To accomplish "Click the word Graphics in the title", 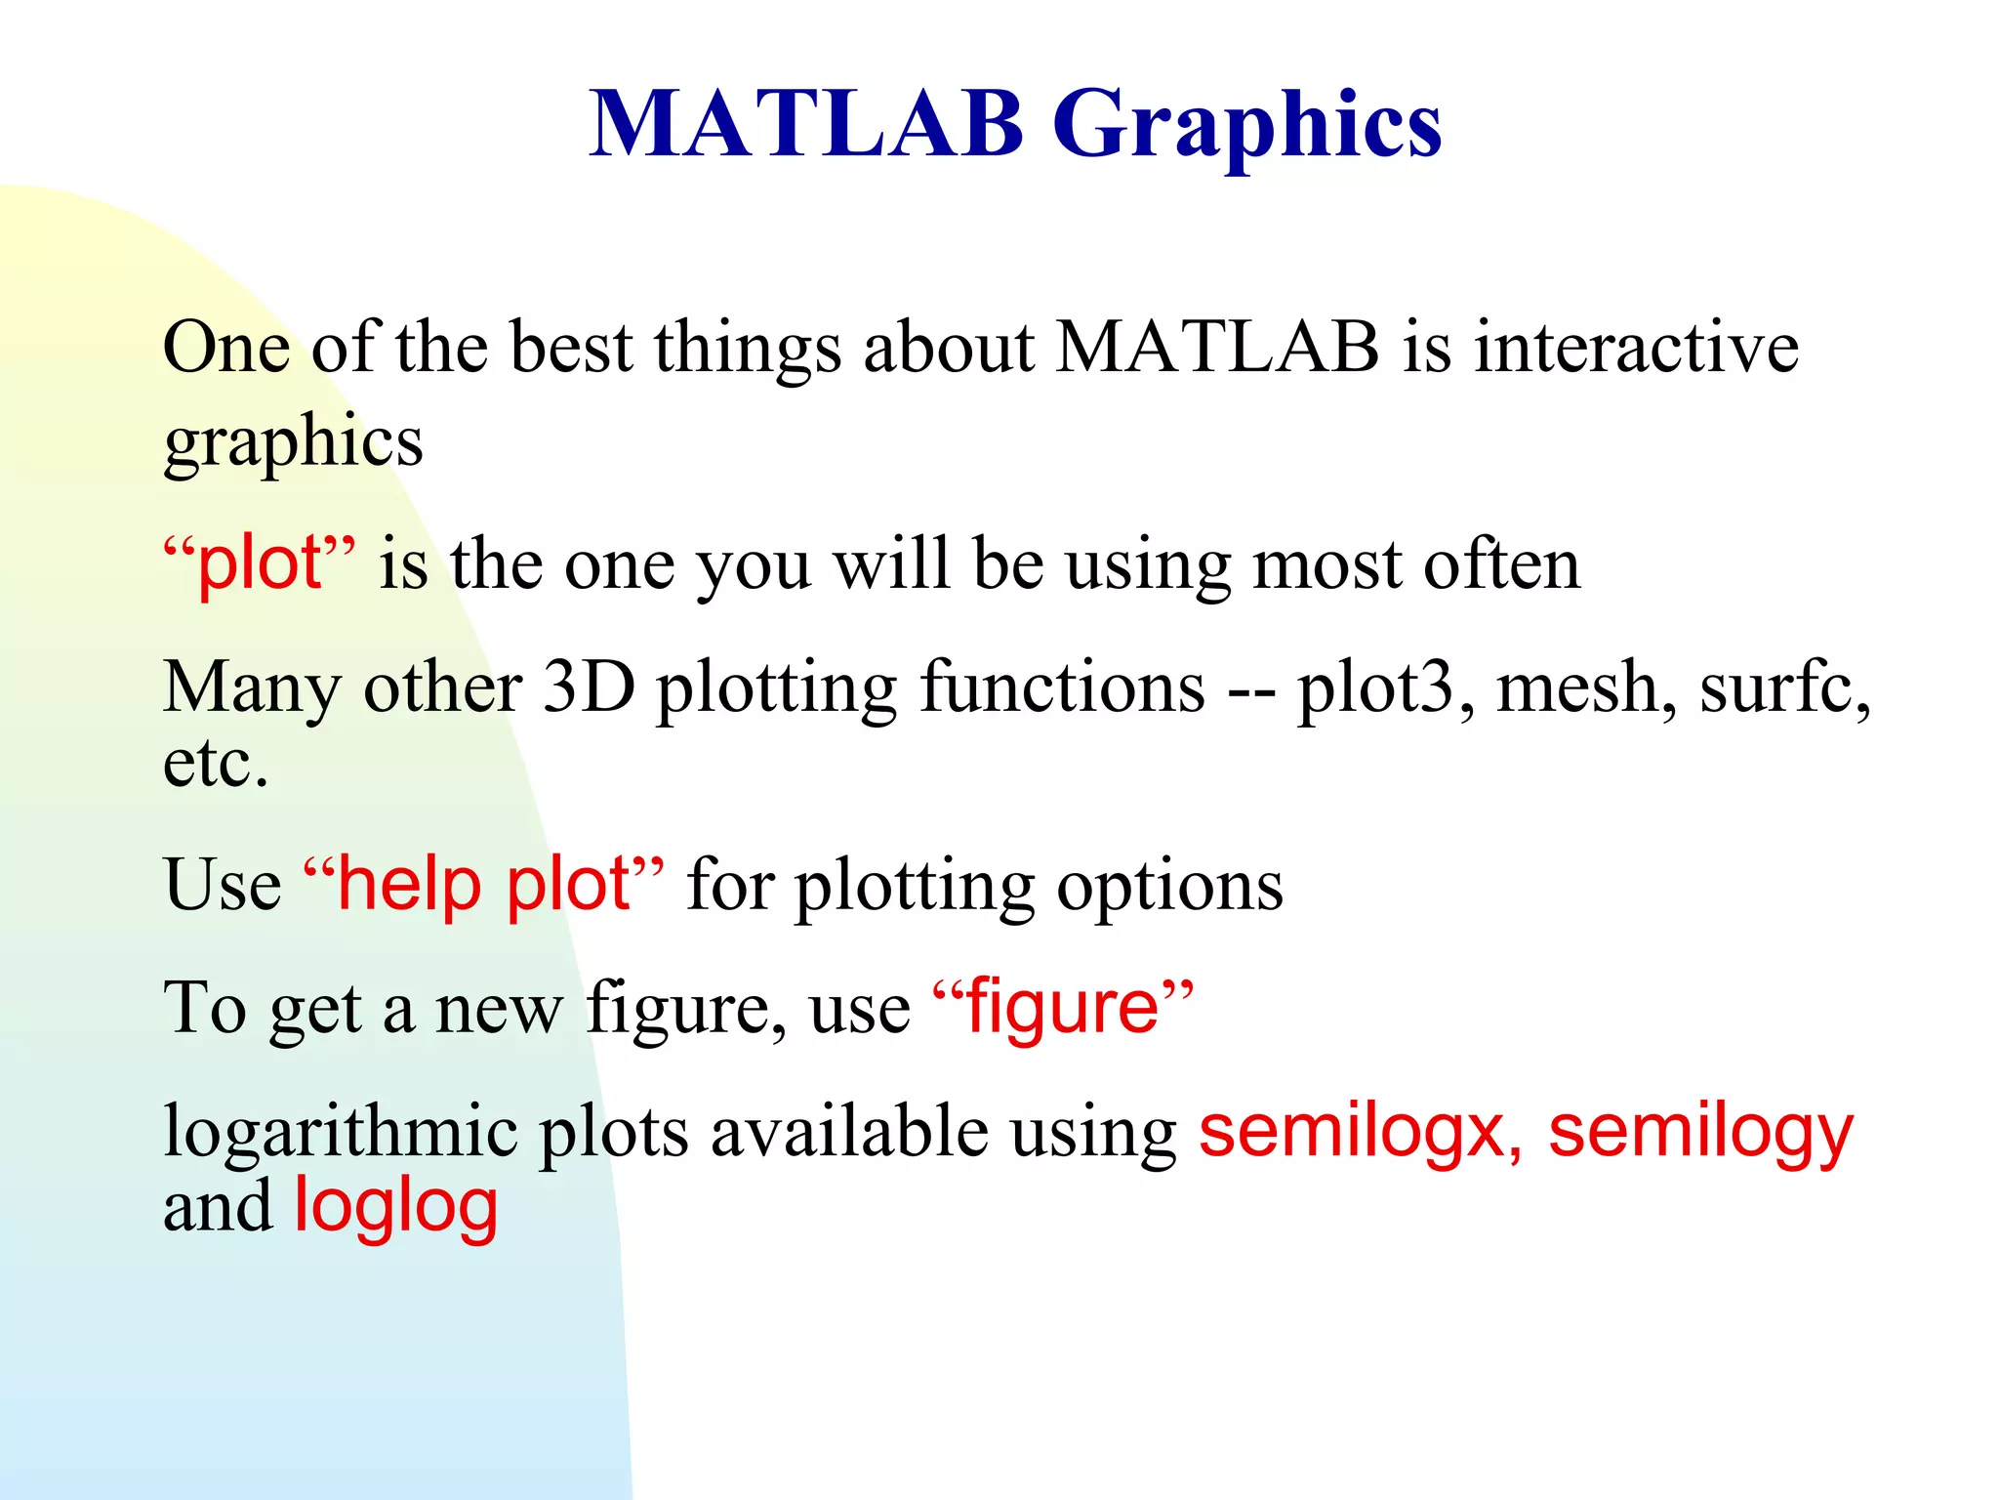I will pos(1246,125).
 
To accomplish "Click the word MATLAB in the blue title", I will pos(806,125).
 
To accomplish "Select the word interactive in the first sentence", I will pos(1636,348).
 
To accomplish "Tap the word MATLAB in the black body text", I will pos(1217,348).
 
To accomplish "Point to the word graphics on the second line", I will pos(293,441).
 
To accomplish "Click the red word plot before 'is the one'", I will pos(260,563).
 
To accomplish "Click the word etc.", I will pos(215,764).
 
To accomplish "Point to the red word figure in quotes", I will pos(1062,1008).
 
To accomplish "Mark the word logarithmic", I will pos(340,1133).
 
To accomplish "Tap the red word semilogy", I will pos(1700,1133).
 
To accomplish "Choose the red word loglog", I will pos(396,1207).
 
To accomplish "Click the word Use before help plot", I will pos(223,884).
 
